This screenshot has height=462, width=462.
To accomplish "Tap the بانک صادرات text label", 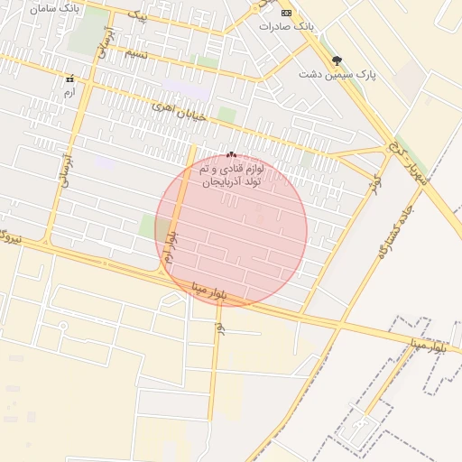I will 286,26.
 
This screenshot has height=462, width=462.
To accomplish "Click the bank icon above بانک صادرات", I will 287,13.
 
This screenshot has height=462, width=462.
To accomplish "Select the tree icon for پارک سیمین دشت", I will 337,60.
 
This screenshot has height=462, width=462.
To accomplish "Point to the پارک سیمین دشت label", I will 337,76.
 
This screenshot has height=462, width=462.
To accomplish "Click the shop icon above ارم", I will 69,79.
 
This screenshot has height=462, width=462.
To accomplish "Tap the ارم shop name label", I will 69,92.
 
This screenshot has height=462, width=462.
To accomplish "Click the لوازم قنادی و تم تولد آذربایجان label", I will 232,175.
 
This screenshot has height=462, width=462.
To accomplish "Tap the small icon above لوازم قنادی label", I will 232,154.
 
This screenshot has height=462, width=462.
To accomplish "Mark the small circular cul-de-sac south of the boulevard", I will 63,327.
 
